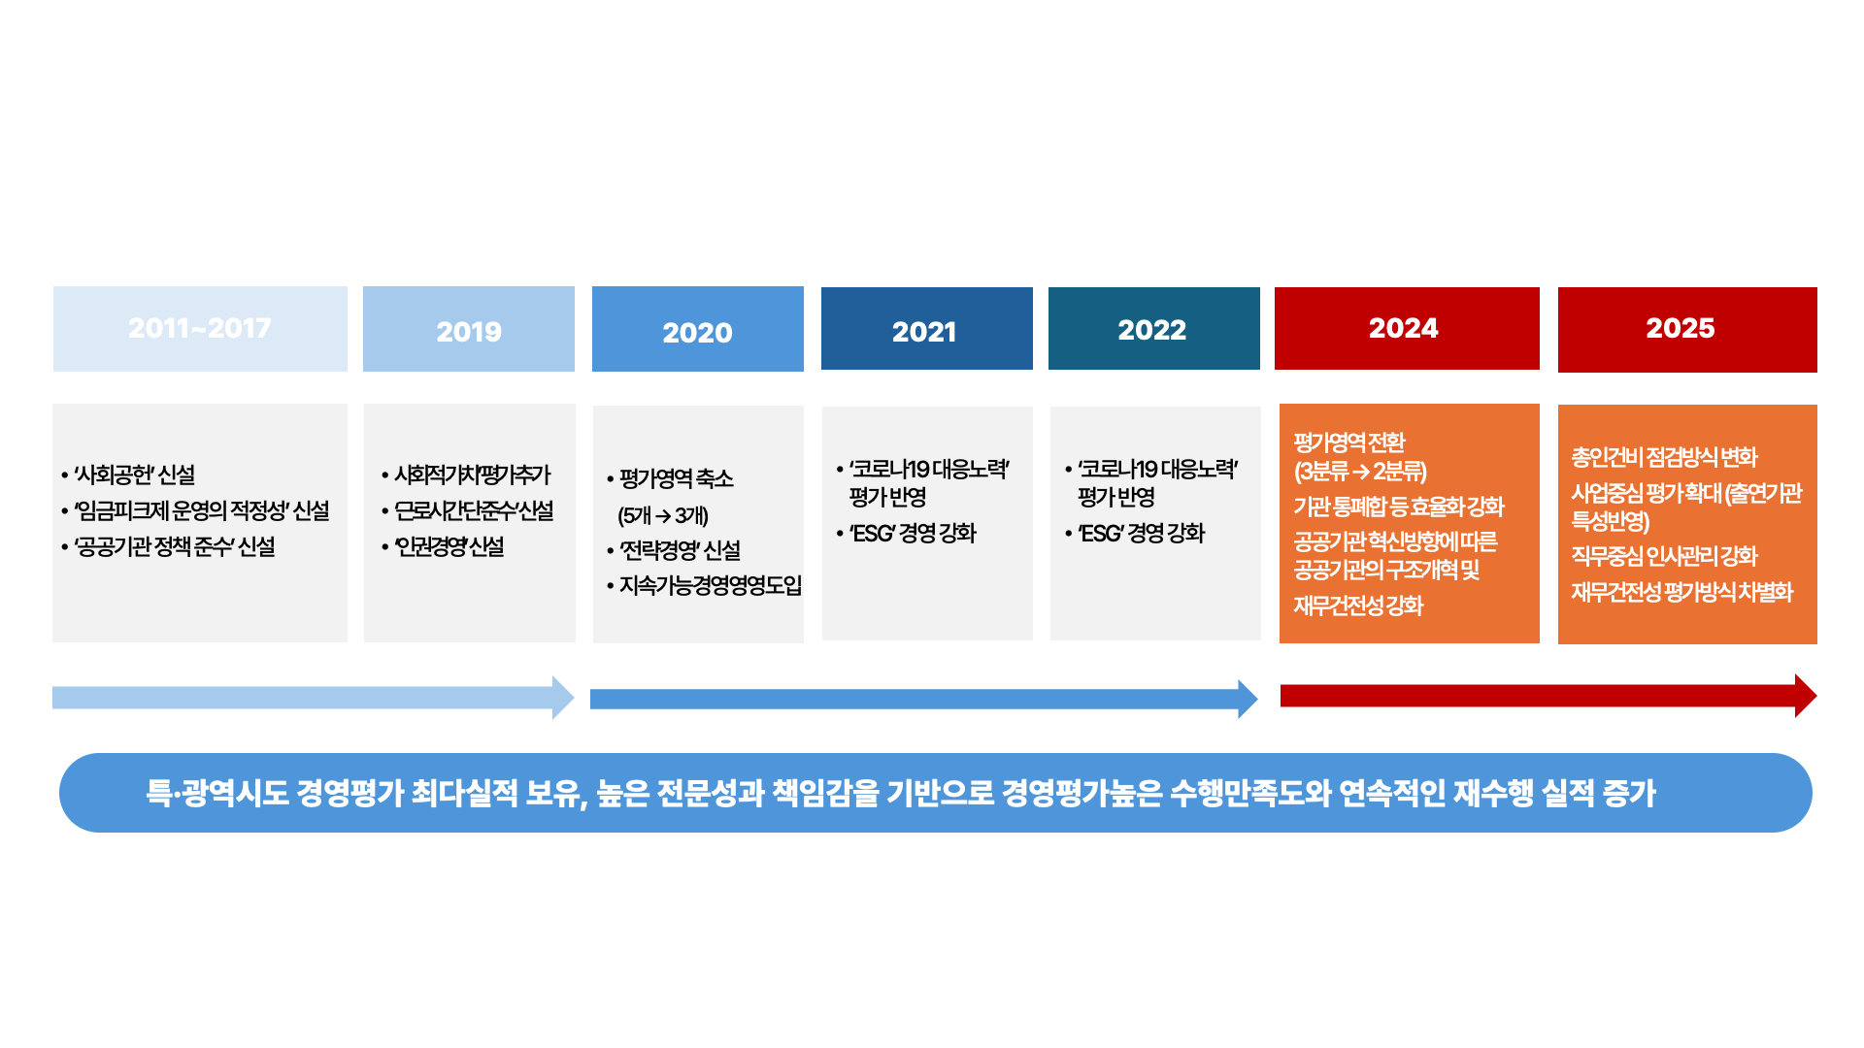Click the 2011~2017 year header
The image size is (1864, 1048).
pyautogui.click(x=200, y=329)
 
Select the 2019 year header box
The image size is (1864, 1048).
pyautogui.click(x=469, y=329)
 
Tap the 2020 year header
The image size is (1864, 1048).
pyautogui.click(x=698, y=329)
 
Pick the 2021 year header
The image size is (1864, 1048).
pyautogui.click(x=927, y=328)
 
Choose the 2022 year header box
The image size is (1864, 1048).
pyautogui.click(x=1154, y=328)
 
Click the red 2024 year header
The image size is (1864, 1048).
pyautogui.click(x=1407, y=328)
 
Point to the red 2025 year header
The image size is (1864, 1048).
pyautogui.click(x=1687, y=330)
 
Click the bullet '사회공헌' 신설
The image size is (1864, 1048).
pyautogui.click(x=128, y=475)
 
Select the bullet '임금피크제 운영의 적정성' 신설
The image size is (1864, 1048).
pyautogui.click(x=195, y=510)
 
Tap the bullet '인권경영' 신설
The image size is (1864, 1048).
pyautogui.click(x=443, y=546)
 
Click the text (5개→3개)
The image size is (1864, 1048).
pyautogui.click(x=663, y=515)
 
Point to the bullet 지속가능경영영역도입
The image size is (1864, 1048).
pyautogui.click(x=705, y=585)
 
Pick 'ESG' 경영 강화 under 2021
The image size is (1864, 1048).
pyautogui.click(x=907, y=533)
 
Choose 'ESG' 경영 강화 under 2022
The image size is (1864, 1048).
pyautogui.click(x=1135, y=533)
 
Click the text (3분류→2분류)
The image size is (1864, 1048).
pyautogui.click(x=1360, y=472)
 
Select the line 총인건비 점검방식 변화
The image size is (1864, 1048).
pyautogui.click(x=1665, y=457)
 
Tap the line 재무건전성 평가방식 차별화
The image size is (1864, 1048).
pyautogui.click(x=1682, y=592)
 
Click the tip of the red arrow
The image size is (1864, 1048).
pyautogui.click(x=1816, y=696)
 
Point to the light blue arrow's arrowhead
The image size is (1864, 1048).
pyautogui.click(x=564, y=698)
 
